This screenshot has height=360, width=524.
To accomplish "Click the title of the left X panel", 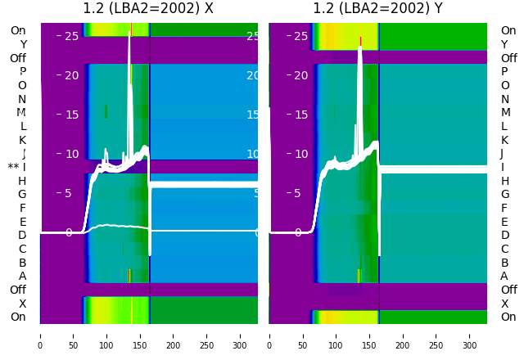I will coord(148,9).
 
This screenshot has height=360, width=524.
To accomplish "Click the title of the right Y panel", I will coord(377,9).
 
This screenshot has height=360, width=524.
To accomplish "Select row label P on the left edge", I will coord(23,72).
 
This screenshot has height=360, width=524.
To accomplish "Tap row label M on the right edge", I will coord(505,113).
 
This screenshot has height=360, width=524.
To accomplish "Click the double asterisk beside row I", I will coord(13,168).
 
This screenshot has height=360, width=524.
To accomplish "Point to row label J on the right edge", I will coord(502,154).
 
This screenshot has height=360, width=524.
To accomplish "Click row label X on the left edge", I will coord(23,304).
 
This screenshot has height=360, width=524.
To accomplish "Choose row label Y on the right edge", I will coord(504,44).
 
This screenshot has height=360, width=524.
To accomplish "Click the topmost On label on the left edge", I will coord(18,31).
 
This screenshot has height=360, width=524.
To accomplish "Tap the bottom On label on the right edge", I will coord(508,317).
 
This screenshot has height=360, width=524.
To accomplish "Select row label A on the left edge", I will coord(23,277).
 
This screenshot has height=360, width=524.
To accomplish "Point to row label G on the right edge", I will coord(504,195).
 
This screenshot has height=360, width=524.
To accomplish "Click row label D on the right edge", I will coord(504,236).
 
